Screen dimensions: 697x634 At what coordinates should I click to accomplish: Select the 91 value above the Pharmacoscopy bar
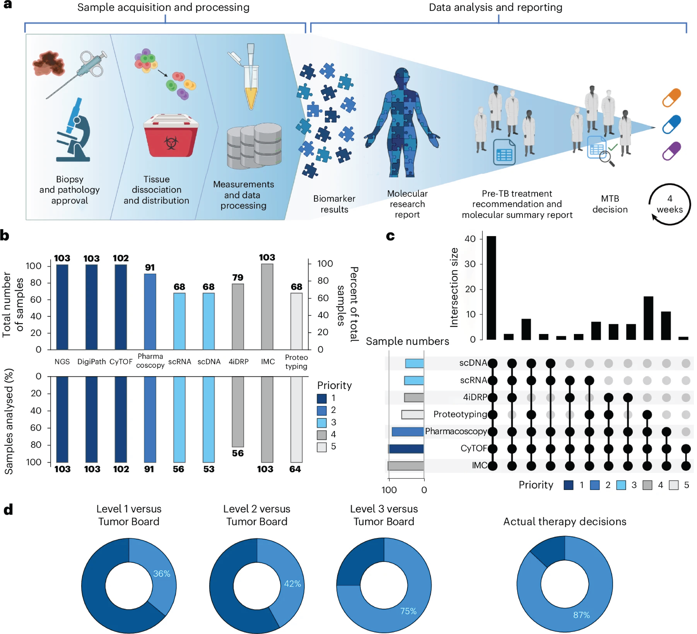coord(150,267)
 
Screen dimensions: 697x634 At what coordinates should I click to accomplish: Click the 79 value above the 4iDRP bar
coord(238,277)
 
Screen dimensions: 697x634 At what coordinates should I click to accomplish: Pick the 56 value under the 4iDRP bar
coord(238,453)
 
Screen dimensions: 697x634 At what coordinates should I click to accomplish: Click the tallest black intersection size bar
coord(491,288)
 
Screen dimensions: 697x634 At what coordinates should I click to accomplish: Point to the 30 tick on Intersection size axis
coord(470,264)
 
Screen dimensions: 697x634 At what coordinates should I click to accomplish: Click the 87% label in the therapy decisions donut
coord(582,615)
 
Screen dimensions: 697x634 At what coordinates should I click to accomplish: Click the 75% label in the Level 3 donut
coord(408,611)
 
